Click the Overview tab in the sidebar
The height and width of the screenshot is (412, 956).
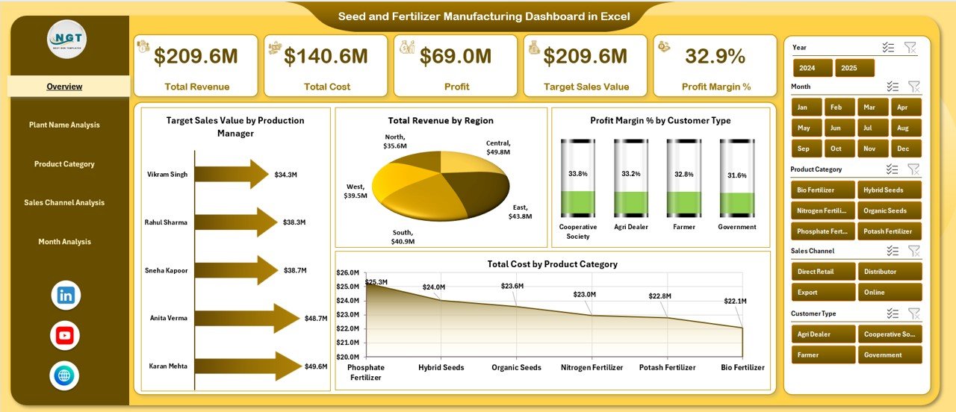point(64,87)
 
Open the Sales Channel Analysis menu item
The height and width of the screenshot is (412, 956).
point(64,203)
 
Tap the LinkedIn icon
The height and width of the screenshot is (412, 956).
point(65,296)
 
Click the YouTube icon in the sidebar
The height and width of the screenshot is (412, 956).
point(65,336)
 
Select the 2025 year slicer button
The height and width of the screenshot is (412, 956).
point(854,68)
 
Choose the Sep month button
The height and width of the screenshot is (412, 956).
point(803,149)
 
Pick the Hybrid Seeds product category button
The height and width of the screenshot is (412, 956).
point(889,190)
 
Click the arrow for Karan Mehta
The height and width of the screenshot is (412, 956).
point(246,366)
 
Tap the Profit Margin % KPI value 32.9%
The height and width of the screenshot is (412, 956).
point(716,57)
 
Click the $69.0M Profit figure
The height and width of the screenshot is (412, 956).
point(456,57)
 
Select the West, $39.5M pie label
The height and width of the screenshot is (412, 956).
point(356,191)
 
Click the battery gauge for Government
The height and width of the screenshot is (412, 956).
point(736,178)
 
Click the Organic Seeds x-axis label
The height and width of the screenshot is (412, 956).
point(516,367)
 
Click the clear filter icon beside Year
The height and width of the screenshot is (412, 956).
point(910,48)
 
